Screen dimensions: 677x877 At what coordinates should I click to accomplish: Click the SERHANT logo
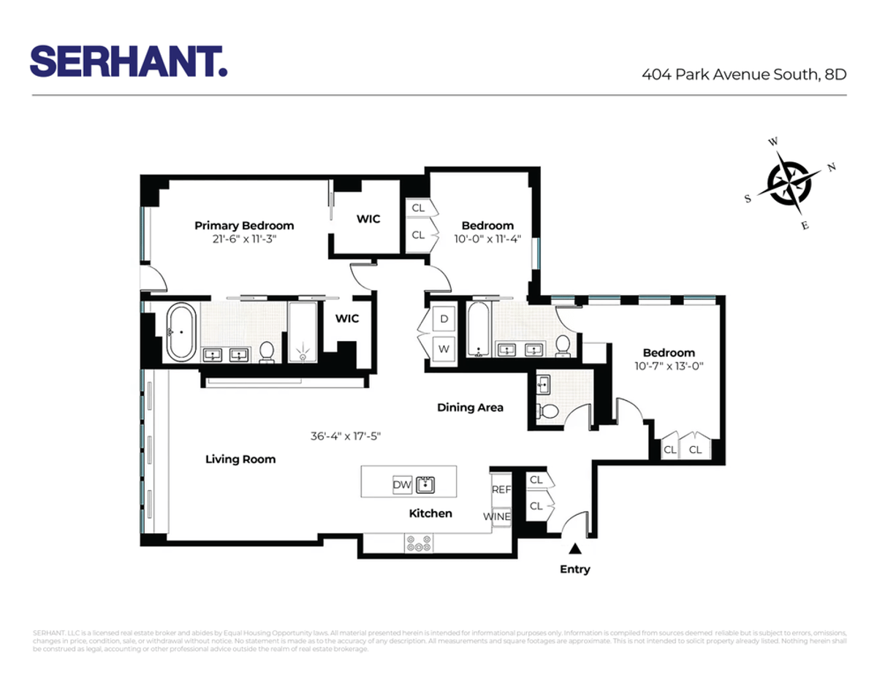129,61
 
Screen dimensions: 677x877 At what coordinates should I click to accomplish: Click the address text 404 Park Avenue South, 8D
744,74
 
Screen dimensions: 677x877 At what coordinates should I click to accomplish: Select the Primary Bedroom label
244,226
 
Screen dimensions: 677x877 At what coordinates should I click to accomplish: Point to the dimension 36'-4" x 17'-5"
346,437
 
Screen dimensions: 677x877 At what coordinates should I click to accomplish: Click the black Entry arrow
576,548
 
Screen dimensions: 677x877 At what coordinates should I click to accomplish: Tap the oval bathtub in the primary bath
180,333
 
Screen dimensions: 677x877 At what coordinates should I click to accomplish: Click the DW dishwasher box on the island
402,484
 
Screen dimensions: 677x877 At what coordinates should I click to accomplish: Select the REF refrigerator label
501,490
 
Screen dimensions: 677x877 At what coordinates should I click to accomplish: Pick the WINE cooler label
497,516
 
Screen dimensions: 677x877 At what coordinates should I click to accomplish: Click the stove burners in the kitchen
419,543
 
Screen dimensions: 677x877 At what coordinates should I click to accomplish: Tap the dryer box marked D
444,319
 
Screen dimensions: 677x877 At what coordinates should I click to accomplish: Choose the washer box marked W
444,348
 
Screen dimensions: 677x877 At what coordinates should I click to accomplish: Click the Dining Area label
470,408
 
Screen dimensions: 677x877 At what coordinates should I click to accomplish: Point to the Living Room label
240,459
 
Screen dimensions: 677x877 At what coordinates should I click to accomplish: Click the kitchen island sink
425,484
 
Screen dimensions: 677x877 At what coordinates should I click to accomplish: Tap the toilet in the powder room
548,411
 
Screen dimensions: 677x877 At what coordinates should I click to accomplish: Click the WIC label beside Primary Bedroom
368,219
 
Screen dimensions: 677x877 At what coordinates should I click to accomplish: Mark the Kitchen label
430,513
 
